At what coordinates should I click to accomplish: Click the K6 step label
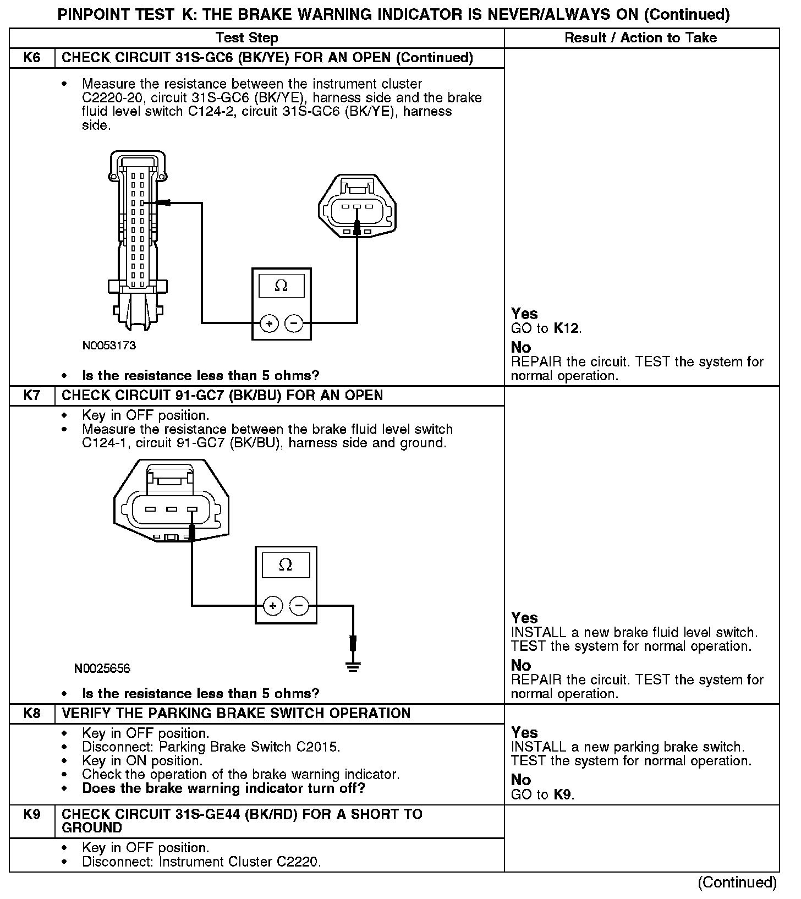point(32,58)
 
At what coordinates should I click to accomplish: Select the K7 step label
point(32,396)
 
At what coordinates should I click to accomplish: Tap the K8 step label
point(32,714)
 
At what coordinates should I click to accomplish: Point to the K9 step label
point(32,814)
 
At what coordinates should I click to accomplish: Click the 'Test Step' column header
point(246,38)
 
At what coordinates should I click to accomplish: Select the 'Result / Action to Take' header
point(640,38)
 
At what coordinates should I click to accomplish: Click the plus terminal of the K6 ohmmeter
point(269,324)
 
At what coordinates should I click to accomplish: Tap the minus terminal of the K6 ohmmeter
point(294,324)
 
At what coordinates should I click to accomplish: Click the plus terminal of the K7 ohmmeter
point(273,606)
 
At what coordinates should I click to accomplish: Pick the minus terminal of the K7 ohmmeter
point(299,606)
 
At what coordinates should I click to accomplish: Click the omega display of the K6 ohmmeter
point(281,286)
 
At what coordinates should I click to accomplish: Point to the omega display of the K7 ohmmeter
point(286,565)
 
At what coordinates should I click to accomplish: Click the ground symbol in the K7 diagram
point(353,667)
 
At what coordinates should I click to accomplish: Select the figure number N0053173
point(109,346)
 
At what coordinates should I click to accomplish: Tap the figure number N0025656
point(102,668)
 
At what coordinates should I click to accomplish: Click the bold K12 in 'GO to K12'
point(566,329)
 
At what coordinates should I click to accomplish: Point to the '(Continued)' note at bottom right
point(737,882)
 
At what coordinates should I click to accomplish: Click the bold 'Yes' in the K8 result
point(524,732)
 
